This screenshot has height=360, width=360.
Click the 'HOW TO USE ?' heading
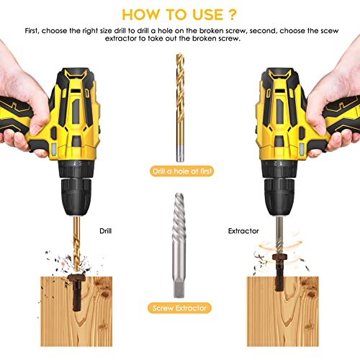point(180,14)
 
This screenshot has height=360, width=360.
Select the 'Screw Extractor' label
point(180,307)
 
